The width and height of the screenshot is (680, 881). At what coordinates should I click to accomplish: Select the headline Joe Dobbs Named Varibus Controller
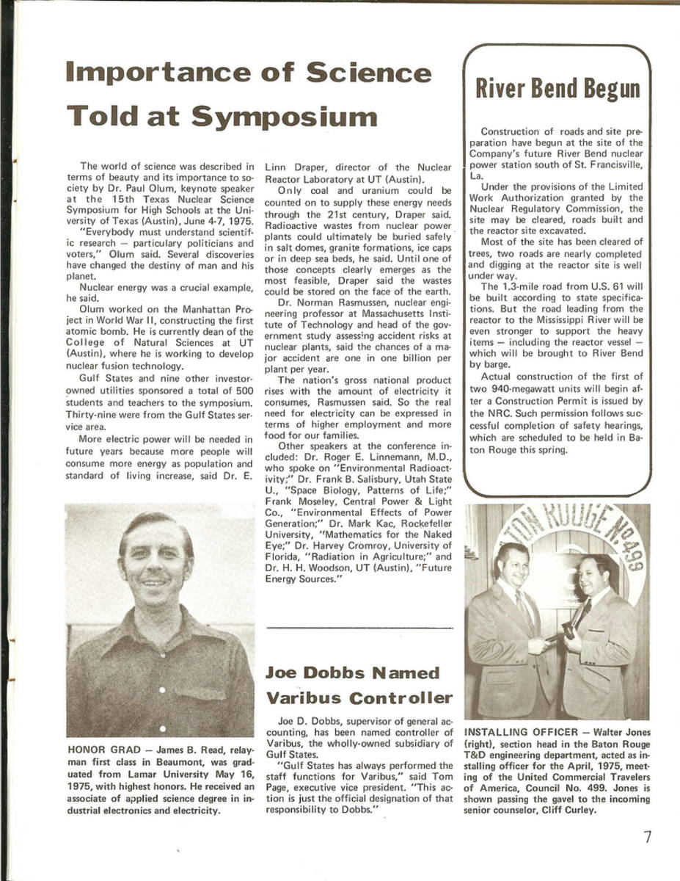[359, 684]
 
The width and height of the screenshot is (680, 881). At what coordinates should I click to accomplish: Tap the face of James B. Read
[156, 562]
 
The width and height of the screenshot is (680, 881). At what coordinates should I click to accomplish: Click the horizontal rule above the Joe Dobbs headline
[359, 628]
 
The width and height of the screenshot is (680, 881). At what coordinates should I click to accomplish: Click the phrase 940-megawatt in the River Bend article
[519, 390]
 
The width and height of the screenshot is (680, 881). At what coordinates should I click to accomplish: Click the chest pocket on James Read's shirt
[199, 690]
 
